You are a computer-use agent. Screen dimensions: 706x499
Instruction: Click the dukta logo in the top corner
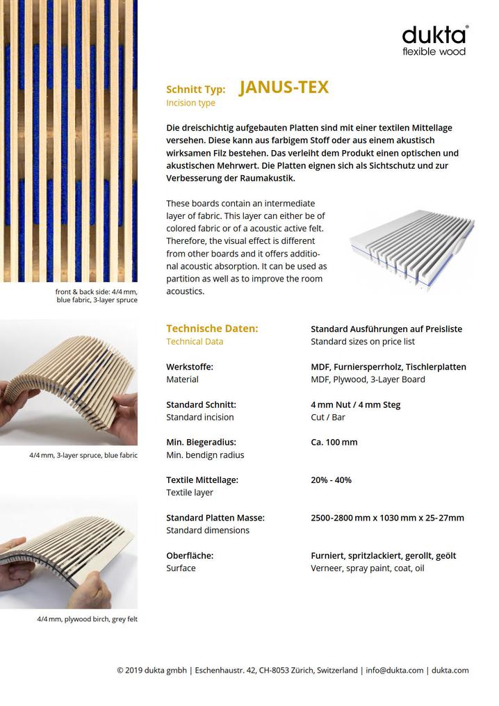coord(435,40)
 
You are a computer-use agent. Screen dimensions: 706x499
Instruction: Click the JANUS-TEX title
coord(284,88)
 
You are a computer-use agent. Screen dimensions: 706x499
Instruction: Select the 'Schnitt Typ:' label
coord(196,90)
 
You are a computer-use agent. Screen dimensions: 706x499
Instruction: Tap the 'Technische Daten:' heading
coord(212,329)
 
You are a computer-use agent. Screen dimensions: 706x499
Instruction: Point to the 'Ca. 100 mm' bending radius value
coord(334,442)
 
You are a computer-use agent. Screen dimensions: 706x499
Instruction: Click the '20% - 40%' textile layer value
coord(331,479)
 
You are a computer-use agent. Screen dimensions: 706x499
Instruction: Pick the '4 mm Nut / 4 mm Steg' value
coord(356,404)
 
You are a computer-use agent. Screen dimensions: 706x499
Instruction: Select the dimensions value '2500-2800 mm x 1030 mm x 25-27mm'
coord(387,518)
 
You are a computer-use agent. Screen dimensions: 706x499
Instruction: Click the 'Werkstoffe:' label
coord(190,367)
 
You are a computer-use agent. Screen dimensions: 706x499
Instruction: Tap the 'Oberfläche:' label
coord(190,556)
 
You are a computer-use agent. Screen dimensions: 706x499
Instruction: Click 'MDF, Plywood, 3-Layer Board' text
coord(368,379)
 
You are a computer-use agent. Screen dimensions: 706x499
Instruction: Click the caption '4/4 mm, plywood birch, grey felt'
coord(88,619)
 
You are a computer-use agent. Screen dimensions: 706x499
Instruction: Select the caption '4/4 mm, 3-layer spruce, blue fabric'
coord(83,455)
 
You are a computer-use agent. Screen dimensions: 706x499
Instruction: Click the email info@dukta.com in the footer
coord(394,671)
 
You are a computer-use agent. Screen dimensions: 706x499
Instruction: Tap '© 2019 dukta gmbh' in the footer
coord(152,671)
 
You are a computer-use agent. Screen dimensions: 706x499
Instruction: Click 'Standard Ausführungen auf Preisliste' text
coord(386,329)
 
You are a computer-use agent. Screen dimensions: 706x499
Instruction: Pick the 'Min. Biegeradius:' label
coord(201,442)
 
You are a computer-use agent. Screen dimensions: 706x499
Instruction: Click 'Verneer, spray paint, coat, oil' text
coord(367,568)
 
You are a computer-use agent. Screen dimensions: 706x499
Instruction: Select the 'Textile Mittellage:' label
coord(202,479)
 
